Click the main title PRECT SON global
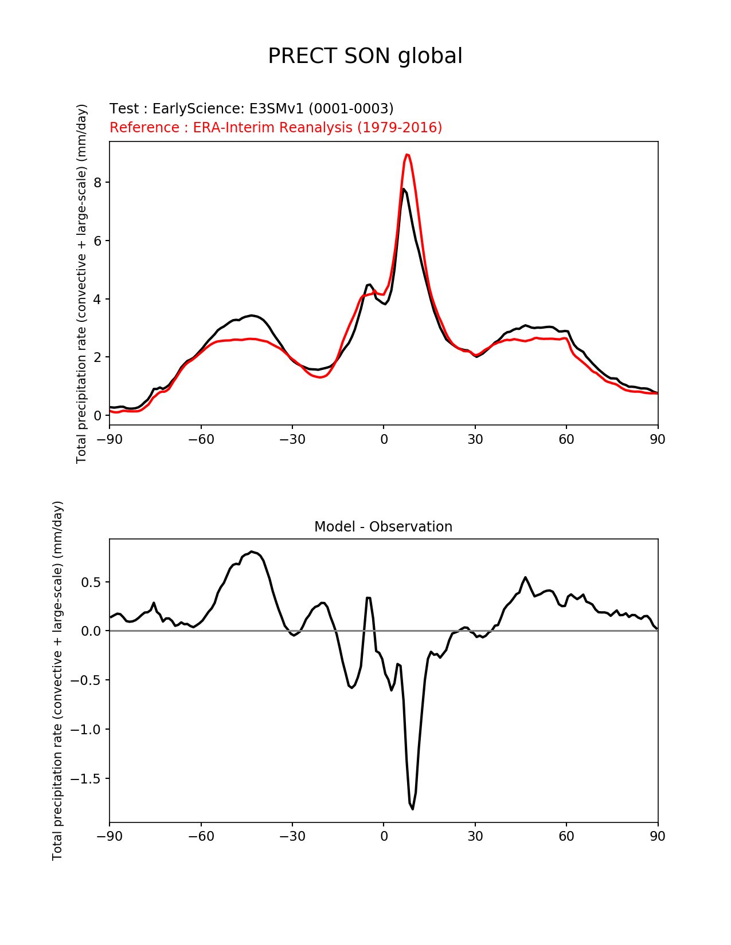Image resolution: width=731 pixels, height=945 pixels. (365, 56)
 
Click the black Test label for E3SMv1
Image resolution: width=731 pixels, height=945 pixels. (251, 109)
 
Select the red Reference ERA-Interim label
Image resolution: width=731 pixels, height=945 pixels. (276, 127)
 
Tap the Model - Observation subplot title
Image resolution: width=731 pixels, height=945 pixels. (383, 527)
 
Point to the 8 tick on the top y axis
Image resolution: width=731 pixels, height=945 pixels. (98, 182)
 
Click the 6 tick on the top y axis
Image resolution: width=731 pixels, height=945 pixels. (98, 241)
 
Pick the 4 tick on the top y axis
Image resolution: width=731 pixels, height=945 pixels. (98, 299)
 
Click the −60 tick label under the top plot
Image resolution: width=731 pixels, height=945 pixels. (201, 439)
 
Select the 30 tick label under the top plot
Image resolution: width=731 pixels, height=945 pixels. (475, 439)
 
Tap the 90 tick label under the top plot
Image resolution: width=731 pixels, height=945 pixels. (658, 439)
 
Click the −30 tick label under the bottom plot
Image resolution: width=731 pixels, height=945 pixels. (292, 837)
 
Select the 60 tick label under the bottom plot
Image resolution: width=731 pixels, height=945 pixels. (566, 837)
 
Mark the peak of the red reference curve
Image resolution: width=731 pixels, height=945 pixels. (407, 154)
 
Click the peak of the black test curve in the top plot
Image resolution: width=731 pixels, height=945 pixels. (404, 188)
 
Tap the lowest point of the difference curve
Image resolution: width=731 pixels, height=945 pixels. (413, 809)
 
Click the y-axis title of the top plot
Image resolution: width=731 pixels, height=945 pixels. (81, 283)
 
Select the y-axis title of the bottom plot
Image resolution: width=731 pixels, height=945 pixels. (57, 680)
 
